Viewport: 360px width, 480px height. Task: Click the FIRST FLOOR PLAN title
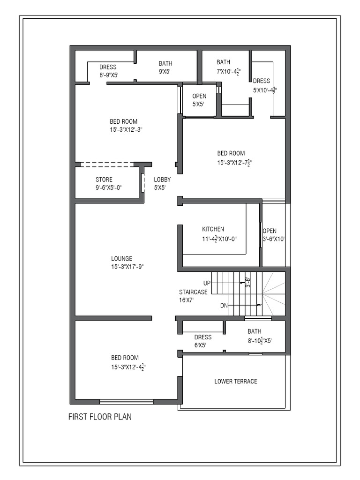coord(100,417)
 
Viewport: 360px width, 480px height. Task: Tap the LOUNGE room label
coord(121,258)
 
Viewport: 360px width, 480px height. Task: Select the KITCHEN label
coord(213,229)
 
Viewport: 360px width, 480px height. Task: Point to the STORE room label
coord(104,180)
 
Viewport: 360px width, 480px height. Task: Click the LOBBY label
coord(162,180)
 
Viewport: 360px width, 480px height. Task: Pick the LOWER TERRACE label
coord(235,381)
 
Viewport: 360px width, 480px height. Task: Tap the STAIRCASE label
coord(193,292)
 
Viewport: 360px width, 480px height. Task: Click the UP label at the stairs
coord(207,283)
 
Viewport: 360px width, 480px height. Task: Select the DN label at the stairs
coord(224,306)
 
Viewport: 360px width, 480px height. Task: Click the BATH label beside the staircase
coord(255,331)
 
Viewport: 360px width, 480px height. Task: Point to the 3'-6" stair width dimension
coord(248,282)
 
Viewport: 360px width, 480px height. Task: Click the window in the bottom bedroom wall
coord(127,401)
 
